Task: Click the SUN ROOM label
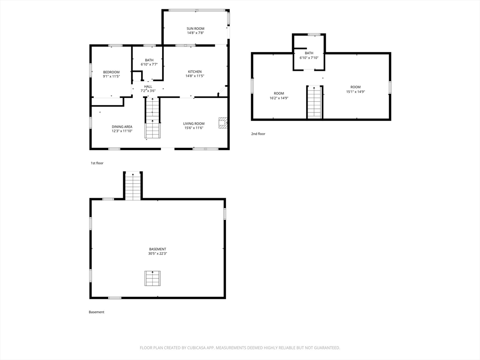click(x=195, y=29)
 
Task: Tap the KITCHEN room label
click(x=195, y=72)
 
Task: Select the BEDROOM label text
click(x=111, y=72)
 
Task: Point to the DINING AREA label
click(x=122, y=127)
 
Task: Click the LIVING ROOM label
click(x=194, y=124)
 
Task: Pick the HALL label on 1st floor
click(x=148, y=87)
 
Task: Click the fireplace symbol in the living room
click(x=223, y=122)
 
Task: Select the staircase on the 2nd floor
click(x=315, y=102)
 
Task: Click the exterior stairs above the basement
click(x=133, y=186)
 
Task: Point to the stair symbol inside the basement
click(x=152, y=278)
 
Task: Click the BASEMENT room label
click(x=157, y=249)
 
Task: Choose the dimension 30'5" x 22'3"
click(x=157, y=254)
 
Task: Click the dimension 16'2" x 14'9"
click(x=279, y=98)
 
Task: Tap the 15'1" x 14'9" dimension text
click(x=356, y=91)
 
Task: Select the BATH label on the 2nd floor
click(x=309, y=53)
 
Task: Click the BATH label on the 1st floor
click(x=150, y=60)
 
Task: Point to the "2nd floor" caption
click(x=258, y=134)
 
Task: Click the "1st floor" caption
click(x=97, y=163)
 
